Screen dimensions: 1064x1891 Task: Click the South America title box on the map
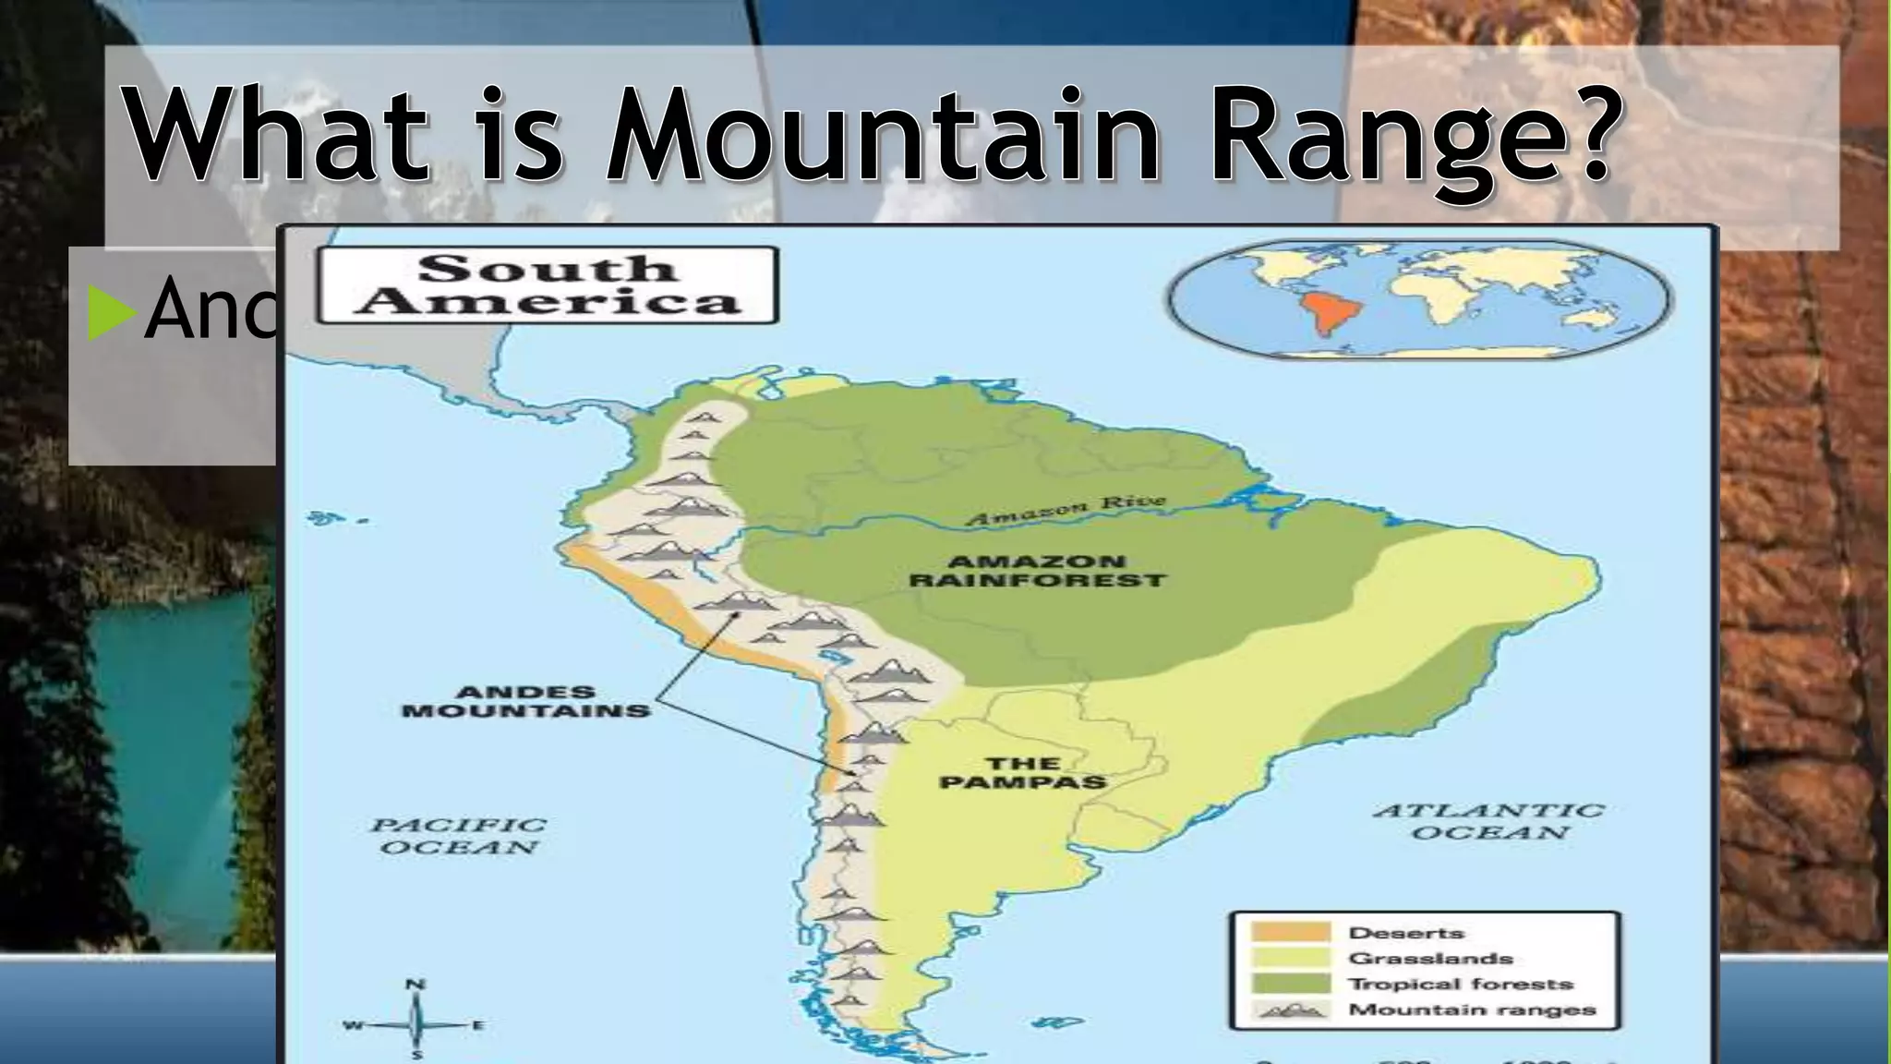pos(547,285)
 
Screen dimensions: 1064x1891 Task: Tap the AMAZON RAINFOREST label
pos(1037,571)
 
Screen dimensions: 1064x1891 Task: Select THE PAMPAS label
pos(1022,772)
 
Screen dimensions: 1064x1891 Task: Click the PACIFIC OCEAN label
pos(459,836)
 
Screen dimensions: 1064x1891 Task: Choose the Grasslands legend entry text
pos(1430,959)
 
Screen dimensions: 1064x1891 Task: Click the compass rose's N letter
pos(416,985)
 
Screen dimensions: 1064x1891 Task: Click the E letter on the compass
pos(478,1025)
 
